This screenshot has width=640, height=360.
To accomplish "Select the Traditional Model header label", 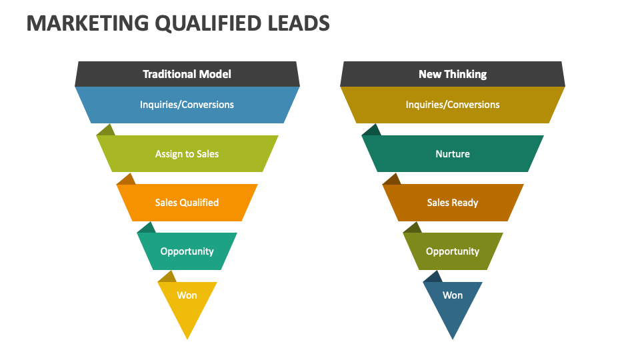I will click(187, 74).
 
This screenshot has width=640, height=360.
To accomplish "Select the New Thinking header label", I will click(453, 74).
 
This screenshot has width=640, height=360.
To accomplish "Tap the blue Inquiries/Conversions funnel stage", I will click(187, 105).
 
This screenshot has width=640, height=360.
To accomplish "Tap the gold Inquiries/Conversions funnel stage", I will click(453, 105).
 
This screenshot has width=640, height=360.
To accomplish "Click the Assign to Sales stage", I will click(187, 154).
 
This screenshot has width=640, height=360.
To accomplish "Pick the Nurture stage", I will click(453, 154).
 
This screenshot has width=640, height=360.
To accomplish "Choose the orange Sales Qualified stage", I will click(187, 203).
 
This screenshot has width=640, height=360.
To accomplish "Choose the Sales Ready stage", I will click(453, 203).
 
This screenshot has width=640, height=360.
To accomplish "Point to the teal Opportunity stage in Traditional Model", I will click(187, 251).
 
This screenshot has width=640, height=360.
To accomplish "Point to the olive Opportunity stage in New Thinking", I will click(453, 251).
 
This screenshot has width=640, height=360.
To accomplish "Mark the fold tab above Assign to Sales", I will click(106, 131).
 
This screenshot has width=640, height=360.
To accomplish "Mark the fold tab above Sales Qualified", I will click(126, 179).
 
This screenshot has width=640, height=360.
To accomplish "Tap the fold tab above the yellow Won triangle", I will click(167, 277).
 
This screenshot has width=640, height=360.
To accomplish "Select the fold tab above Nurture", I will click(371, 131).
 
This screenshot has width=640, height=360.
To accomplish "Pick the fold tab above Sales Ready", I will click(391, 179).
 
